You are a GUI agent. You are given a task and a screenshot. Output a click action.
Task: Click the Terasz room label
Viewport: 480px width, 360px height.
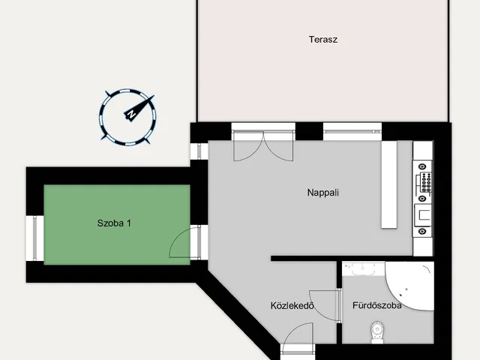click(x=323, y=40)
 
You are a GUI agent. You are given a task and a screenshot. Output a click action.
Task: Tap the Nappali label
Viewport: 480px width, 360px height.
click(x=323, y=193)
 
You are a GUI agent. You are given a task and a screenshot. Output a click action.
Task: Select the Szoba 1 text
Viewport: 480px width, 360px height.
click(x=114, y=223)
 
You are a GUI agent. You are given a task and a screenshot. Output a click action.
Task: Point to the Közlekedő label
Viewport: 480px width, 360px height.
click(x=292, y=305)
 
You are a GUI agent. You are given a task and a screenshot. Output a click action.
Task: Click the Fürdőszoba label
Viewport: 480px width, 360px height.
click(x=377, y=305)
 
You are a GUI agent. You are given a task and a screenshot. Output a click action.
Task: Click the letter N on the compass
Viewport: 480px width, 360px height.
click(x=132, y=114)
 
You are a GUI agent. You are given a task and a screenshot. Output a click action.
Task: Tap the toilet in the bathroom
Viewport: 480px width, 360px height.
click(x=377, y=332)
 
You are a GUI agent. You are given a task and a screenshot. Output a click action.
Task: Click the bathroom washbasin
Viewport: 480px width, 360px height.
click(x=363, y=268)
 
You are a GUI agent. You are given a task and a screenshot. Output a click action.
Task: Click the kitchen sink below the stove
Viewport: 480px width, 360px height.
click(x=423, y=215)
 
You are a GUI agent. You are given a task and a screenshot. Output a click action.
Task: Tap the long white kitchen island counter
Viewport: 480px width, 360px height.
click(x=389, y=184)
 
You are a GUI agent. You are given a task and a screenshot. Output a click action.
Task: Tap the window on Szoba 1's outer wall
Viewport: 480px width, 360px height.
click(x=34, y=238)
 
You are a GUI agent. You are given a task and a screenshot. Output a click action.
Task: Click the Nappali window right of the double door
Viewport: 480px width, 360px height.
click(x=352, y=131)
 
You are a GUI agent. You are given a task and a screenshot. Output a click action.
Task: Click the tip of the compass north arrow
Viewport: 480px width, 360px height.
click(x=154, y=95)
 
